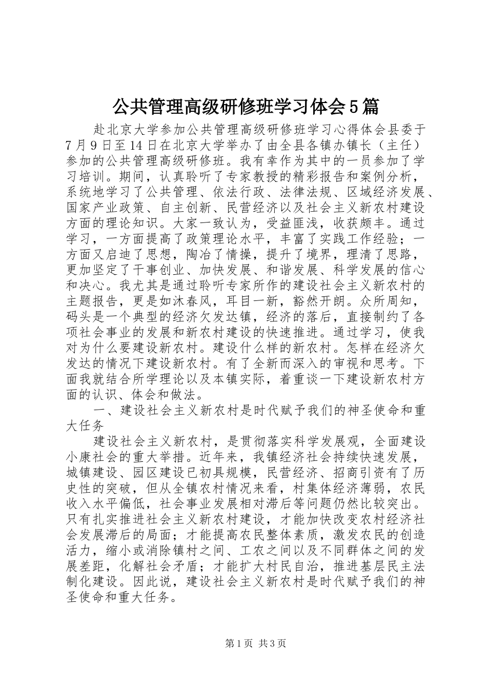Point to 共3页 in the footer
[272, 643]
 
